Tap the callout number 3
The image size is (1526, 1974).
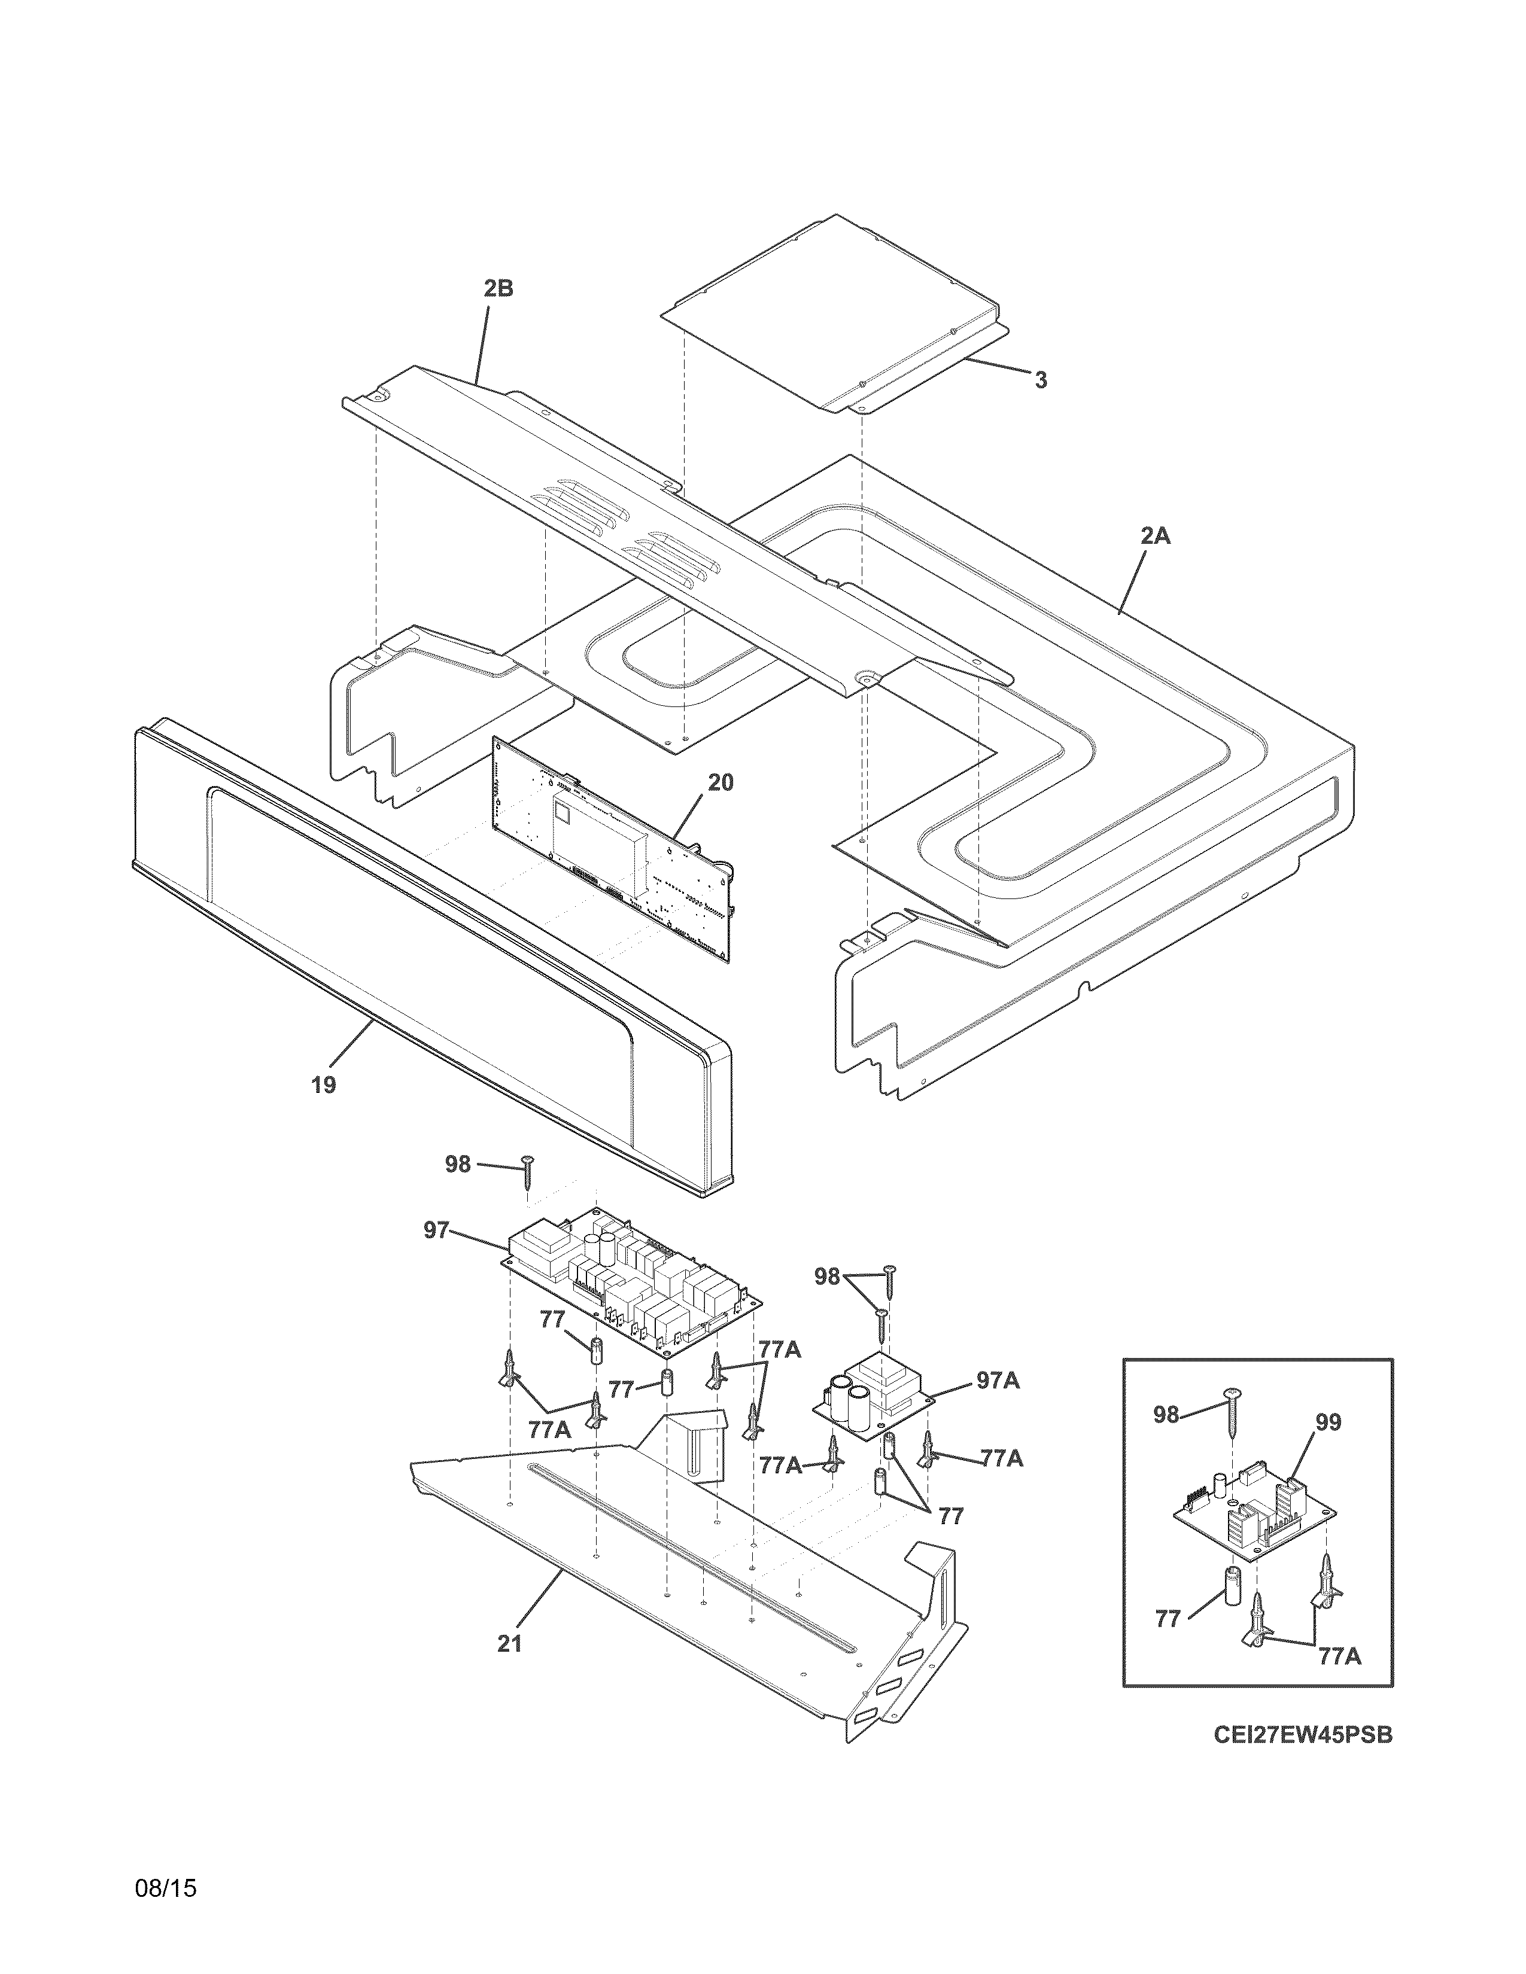point(1041,380)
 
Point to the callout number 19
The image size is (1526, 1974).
point(324,1085)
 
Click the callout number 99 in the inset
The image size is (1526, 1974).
point(1328,1422)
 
